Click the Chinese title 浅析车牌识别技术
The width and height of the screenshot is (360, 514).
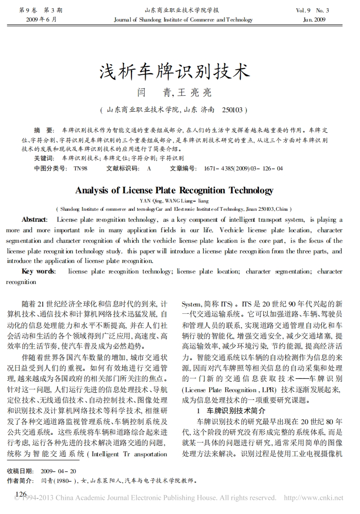[x=175, y=72]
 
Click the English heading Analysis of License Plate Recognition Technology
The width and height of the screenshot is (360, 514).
[x=174, y=190]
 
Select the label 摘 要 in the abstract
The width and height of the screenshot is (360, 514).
[x=44, y=130]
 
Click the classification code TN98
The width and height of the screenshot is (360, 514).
[x=80, y=168]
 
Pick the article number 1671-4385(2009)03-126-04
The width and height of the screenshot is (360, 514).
[x=243, y=168]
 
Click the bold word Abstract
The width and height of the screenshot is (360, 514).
[x=34, y=219]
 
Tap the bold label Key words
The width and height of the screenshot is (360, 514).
[x=38, y=271]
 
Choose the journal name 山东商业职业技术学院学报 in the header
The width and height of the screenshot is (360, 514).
[x=181, y=10]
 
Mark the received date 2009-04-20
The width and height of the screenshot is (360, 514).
[x=58, y=471]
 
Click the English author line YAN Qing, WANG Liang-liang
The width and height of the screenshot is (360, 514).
[x=174, y=201]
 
